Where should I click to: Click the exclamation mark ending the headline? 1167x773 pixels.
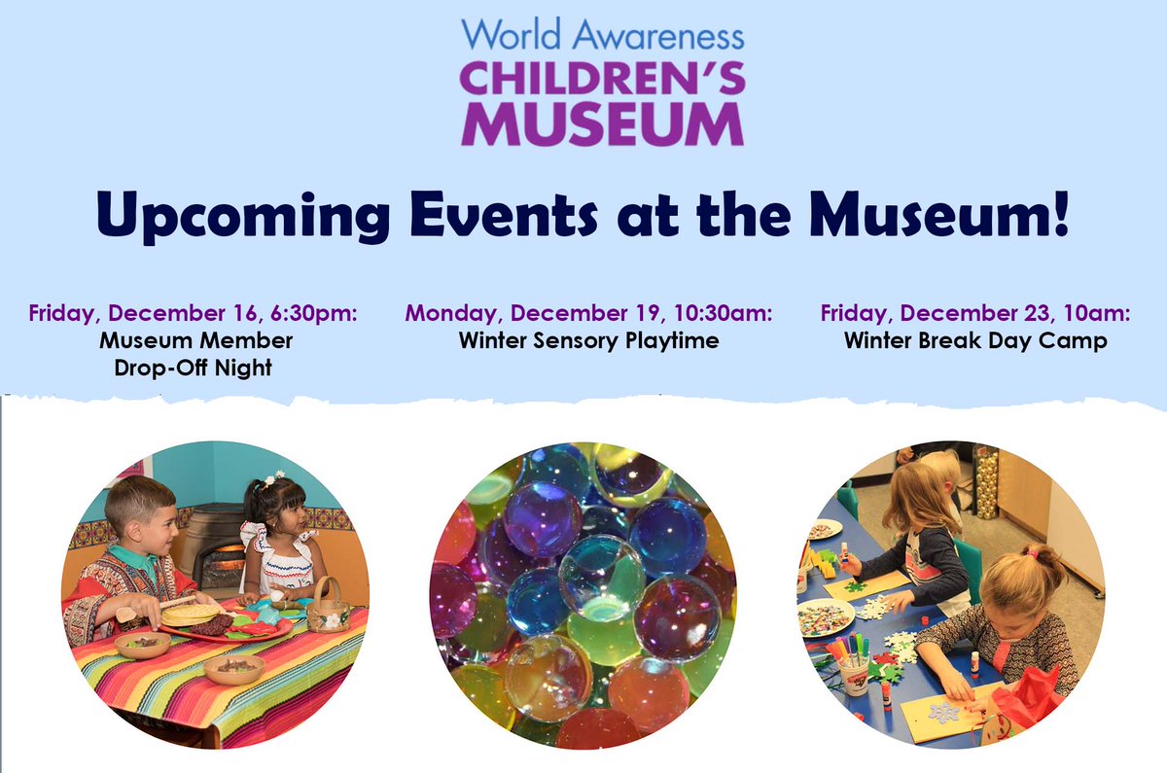(x=1059, y=215)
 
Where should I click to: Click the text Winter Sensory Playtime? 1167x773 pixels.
(x=588, y=341)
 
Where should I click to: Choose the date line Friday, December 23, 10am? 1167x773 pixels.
(x=975, y=314)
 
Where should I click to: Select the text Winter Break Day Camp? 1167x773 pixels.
(x=975, y=341)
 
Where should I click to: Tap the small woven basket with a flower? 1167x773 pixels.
(x=329, y=610)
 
